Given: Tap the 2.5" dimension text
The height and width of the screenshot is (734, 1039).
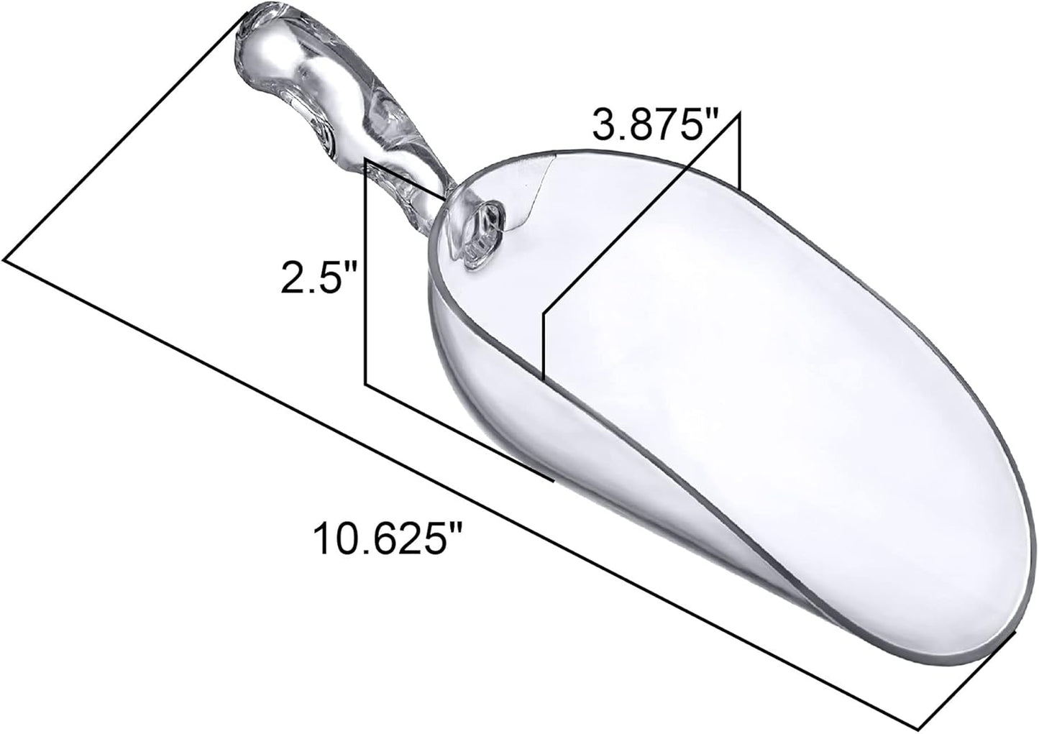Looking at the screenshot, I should point(319,277).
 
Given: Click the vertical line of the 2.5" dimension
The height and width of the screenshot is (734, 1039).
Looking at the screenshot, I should point(367,273).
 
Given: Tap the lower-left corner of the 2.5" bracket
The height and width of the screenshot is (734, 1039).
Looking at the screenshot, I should point(367,385).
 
